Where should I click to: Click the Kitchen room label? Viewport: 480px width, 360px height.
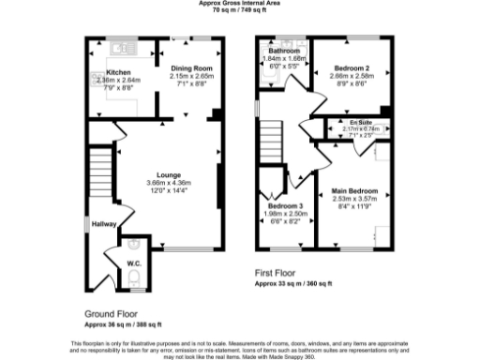(x=117, y=71)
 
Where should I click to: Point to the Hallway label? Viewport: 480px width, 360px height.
(x=102, y=224)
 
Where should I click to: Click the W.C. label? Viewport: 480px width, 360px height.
(x=133, y=263)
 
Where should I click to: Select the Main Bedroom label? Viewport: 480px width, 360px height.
(x=354, y=192)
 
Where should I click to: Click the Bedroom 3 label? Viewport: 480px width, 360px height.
(x=285, y=206)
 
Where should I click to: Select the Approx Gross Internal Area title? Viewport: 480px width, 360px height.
(x=239, y=4)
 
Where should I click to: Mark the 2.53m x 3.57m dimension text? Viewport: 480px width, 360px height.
(x=354, y=200)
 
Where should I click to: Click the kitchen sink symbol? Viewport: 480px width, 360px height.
(x=119, y=45)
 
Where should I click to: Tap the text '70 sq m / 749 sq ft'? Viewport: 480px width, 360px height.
(x=239, y=11)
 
